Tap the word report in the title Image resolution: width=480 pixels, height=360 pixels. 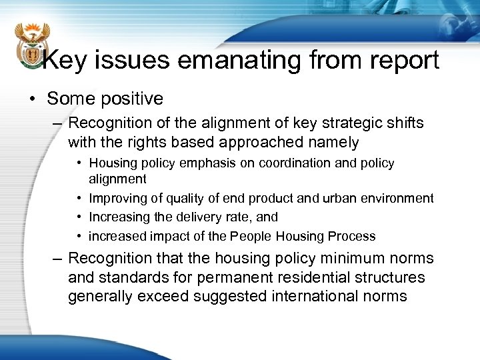(x=400, y=61)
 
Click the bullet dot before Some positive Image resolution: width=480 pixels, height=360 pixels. (x=32, y=99)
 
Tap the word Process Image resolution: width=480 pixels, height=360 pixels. (x=354, y=236)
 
